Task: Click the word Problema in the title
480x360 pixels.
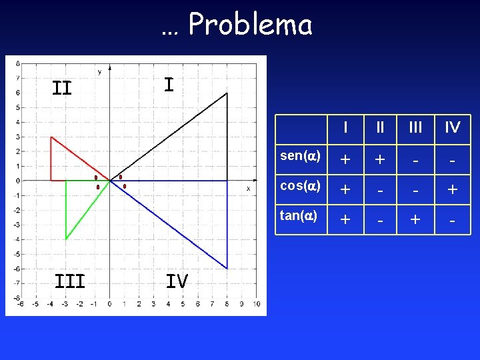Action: (x=250, y=25)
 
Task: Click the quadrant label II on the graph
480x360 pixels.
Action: (x=62, y=88)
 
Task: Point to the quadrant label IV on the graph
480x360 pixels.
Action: (x=177, y=281)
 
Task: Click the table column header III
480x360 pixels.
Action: (x=415, y=127)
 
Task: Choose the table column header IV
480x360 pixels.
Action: (x=453, y=127)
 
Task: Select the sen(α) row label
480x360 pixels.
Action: (x=301, y=156)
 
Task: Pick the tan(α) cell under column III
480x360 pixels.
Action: (x=415, y=219)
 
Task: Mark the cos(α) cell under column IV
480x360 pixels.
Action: (x=453, y=189)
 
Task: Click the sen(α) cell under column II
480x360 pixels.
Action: (x=379, y=160)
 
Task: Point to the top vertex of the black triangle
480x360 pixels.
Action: (x=227, y=93)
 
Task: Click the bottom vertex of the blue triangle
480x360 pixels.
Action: (x=227, y=269)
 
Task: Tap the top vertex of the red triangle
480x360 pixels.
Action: (x=51, y=137)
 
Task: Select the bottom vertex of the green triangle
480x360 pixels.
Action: (x=66, y=239)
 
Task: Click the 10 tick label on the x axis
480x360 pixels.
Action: (x=257, y=305)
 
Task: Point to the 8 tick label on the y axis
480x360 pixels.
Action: (x=17, y=64)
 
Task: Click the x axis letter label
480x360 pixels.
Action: (x=248, y=189)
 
